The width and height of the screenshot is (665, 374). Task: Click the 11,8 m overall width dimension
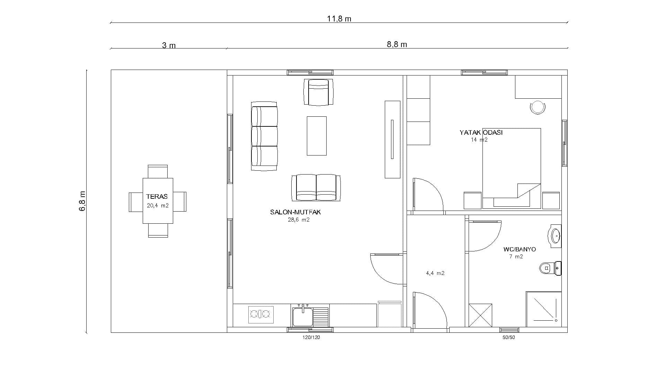(x=339, y=19)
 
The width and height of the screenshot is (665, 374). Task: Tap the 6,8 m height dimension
(x=82, y=201)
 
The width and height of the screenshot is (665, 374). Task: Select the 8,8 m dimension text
(x=397, y=44)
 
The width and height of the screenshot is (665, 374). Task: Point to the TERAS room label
(x=157, y=196)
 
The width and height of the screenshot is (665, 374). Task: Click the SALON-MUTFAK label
(x=295, y=212)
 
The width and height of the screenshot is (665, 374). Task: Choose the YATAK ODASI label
(x=481, y=132)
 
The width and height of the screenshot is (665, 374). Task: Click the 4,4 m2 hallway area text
(x=435, y=273)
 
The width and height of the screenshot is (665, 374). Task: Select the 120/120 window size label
(x=311, y=337)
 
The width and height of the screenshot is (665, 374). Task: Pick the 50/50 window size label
(x=509, y=337)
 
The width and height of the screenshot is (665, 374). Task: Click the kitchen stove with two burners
(x=261, y=314)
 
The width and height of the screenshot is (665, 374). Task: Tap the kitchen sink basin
(x=303, y=317)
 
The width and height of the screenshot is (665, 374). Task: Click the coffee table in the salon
(x=317, y=136)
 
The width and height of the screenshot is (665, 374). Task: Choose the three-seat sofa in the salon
(x=264, y=136)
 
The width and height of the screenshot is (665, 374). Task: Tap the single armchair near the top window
(x=318, y=92)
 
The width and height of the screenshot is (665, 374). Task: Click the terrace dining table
(x=158, y=201)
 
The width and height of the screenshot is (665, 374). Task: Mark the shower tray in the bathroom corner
(x=544, y=309)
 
